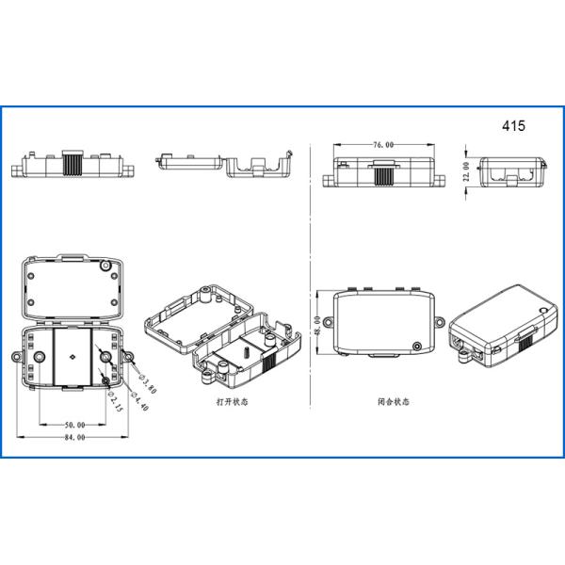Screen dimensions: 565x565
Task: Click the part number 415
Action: pyautogui.click(x=513, y=124)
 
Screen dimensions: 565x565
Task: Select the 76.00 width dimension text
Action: pyautogui.click(x=382, y=145)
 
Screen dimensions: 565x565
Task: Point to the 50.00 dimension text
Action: pyautogui.click(x=74, y=425)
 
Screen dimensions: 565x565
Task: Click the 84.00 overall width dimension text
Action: pyautogui.click(x=74, y=438)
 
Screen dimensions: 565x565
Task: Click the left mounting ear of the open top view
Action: pyautogui.click(x=16, y=359)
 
